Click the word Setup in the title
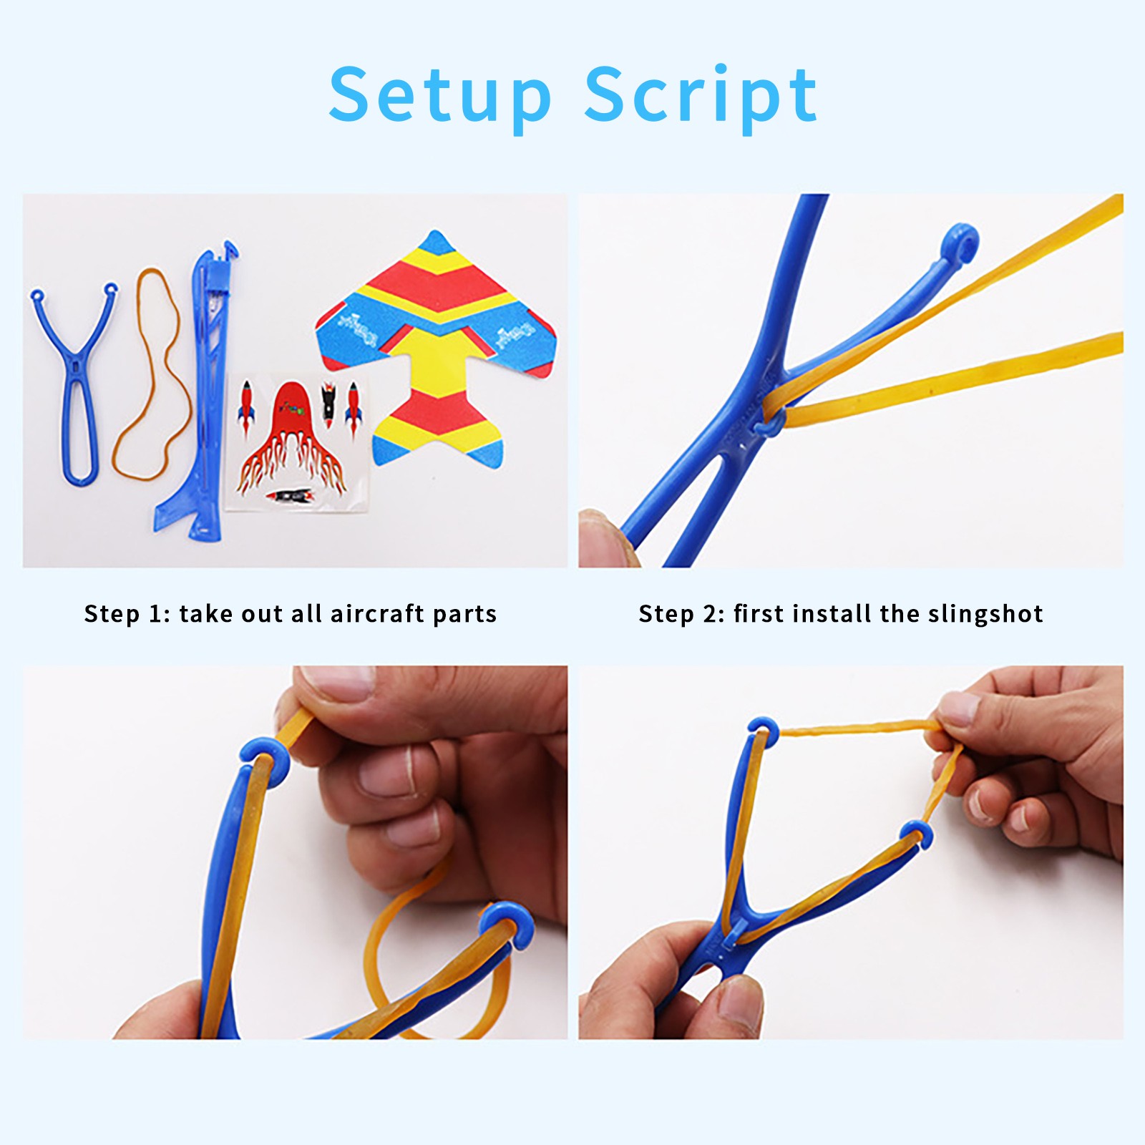[440, 96]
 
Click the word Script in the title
[701, 96]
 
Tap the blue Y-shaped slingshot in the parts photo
[74, 386]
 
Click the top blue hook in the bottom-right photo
[764, 729]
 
